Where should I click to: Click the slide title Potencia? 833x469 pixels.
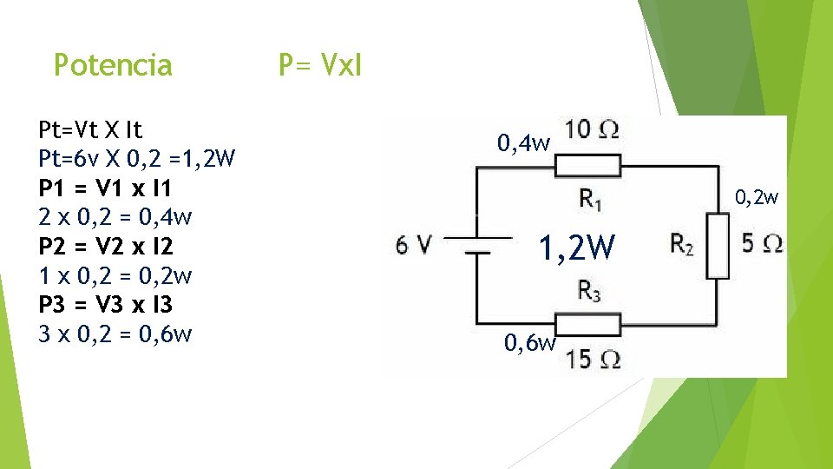(113, 65)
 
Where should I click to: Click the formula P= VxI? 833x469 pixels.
(320, 64)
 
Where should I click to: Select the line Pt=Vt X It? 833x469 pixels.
(91, 130)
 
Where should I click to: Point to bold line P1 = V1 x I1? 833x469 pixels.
(105, 188)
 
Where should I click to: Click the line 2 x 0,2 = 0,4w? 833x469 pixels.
(115, 217)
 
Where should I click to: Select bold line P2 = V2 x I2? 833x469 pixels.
(106, 247)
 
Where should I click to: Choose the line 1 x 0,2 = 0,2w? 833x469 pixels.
(115, 276)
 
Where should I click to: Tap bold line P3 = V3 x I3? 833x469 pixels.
(106, 305)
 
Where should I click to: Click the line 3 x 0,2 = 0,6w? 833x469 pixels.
(115, 334)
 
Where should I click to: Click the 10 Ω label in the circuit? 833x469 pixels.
(591, 130)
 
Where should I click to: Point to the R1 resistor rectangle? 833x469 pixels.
(588, 164)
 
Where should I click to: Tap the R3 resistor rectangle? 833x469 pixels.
(588, 325)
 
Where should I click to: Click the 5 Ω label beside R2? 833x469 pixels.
(763, 243)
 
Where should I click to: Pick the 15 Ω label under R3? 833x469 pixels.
(593, 359)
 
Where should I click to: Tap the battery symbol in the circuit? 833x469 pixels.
(476, 244)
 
